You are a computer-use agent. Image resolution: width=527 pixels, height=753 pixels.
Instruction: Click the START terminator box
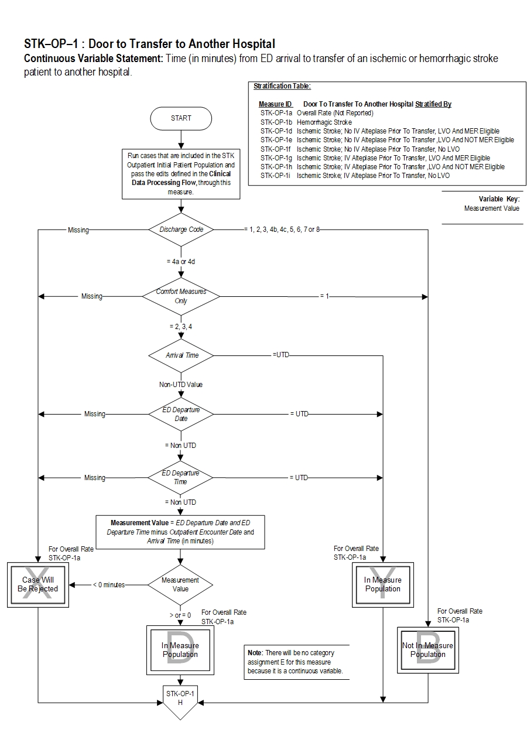[x=181, y=118]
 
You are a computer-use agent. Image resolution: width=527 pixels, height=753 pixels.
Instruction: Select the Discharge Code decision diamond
[x=182, y=230]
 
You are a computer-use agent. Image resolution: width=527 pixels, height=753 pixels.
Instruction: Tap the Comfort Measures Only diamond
[x=181, y=296]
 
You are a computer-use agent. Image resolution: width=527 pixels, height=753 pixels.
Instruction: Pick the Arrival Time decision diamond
[x=182, y=355]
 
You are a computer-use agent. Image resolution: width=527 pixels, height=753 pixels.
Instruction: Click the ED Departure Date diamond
[x=181, y=414]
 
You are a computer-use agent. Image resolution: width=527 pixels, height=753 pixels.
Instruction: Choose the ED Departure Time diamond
[x=181, y=477]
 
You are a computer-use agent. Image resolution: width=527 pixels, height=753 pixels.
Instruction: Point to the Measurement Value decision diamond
[x=180, y=584]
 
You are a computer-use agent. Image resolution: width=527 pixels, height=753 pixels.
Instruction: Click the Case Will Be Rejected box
[x=38, y=584]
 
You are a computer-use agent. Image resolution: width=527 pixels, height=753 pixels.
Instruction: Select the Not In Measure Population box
[x=427, y=650]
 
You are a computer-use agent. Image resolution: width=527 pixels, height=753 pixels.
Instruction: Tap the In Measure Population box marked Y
[x=383, y=584]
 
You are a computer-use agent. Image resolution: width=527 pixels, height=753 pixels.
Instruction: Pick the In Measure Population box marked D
[x=180, y=650]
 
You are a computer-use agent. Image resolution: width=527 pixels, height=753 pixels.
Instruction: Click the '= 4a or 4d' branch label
[x=181, y=262]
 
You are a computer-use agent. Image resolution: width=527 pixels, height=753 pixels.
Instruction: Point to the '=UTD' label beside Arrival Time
[x=281, y=355]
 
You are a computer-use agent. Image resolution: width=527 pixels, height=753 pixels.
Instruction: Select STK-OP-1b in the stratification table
[x=276, y=122]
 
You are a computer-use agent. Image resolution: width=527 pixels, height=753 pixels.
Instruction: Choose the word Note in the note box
[x=255, y=652]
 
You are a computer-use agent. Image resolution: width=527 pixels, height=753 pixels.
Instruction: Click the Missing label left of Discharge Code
[x=78, y=230]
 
